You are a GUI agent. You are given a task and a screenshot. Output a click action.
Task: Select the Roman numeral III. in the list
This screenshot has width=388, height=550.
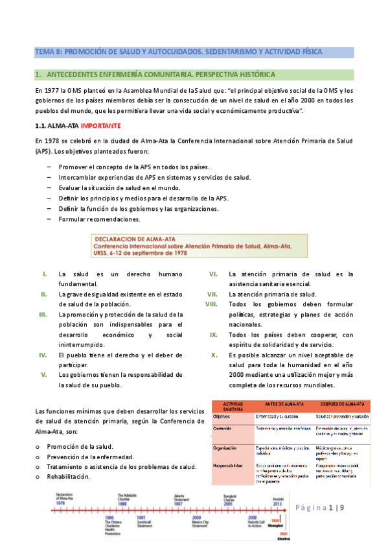[x=43, y=315]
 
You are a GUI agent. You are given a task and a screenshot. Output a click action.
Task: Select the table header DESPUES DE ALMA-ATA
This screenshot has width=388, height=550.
[x=341, y=403]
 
